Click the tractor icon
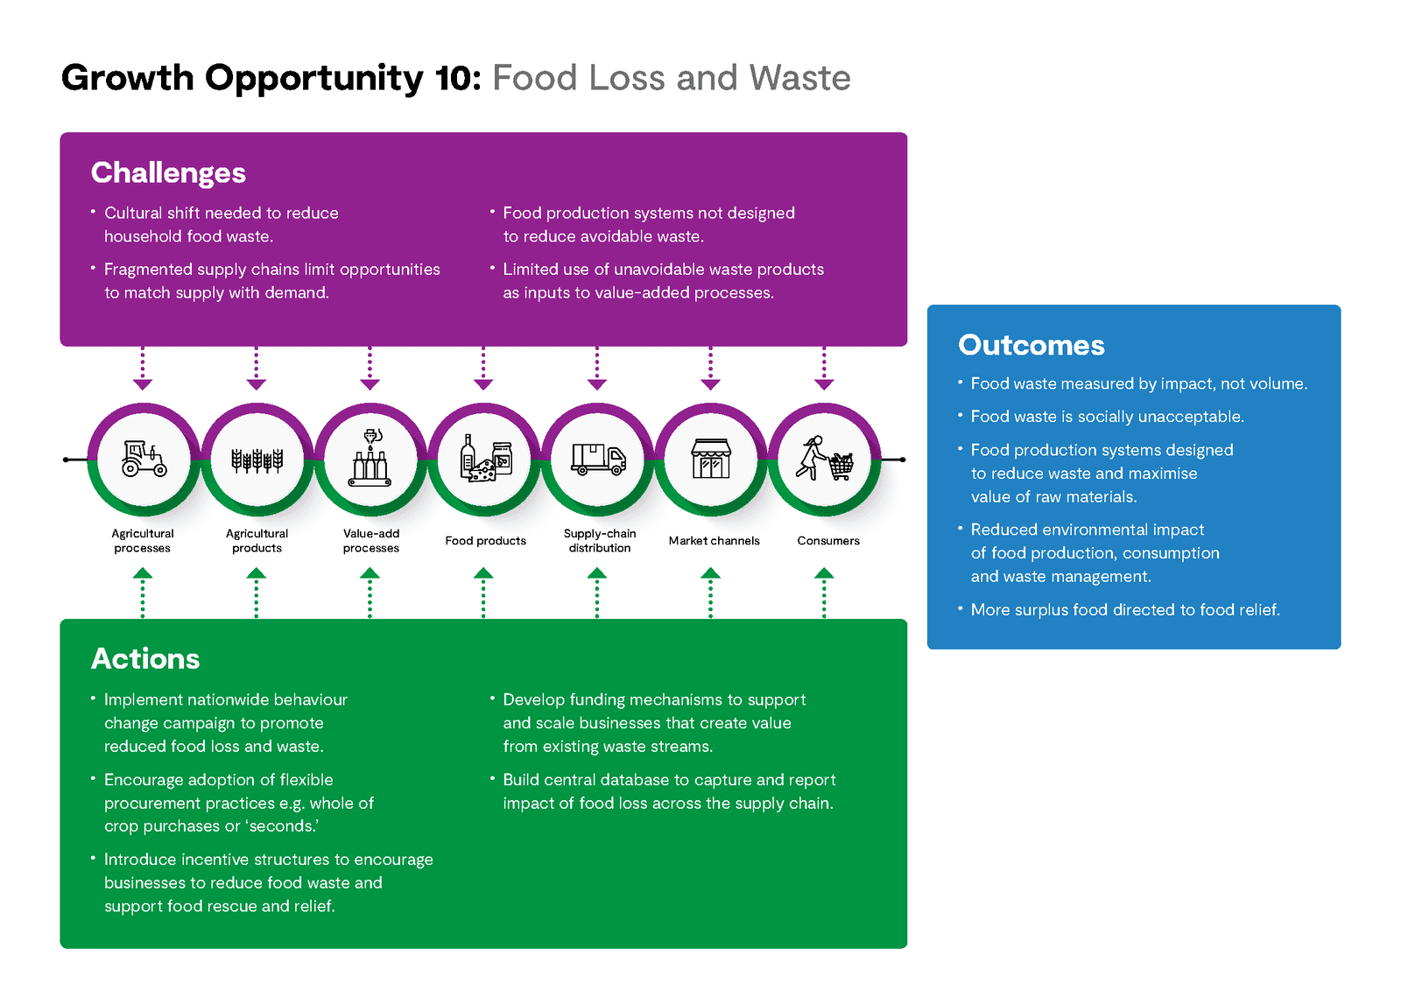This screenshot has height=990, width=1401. pyautogui.click(x=144, y=459)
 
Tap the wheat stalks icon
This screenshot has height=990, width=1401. pyautogui.click(x=257, y=460)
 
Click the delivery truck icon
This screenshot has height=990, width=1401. pyautogui.click(x=599, y=460)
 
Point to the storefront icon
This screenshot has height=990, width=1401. pyautogui.click(x=711, y=459)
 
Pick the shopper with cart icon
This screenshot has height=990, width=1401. pyautogui.click(x=824, y=459)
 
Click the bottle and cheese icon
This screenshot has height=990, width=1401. pyautogui.click(x=486, y=459)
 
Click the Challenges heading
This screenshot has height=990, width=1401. pyautogui.click(x=168, y=173)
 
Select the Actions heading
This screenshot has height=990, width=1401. pyautogui.click(x=145, y=658)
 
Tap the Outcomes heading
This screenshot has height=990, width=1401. pyautogui.click(x=1031, y=345)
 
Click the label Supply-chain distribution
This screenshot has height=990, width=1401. pyautogui.click(x=600, y=540)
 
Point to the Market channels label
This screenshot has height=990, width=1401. pyautogui.click(x=715, y=540)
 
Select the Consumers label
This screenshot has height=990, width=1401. pyautogui.click(x=828, y=540)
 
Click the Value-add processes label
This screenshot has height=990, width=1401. pyautogui.click(x=371, y=540)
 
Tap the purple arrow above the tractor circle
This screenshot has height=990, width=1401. pyautogui.click(x=143, y=369)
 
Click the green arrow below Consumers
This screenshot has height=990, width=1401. pyautogui.click(x=824, y=593)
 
